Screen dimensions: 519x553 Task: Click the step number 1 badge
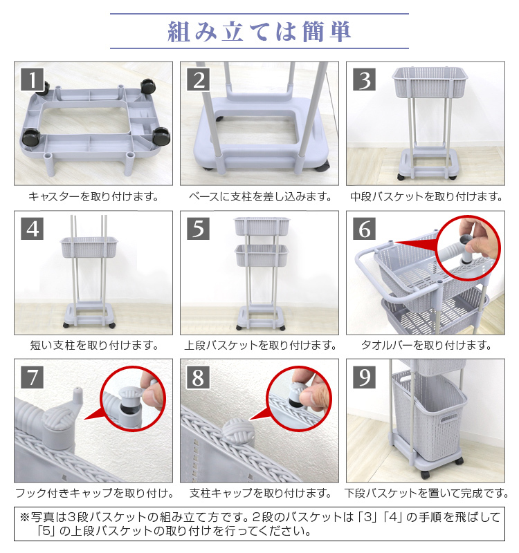pos(32,79)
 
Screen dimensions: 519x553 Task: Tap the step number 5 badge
pos(198,229)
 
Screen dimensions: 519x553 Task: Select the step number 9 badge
pos(364,377)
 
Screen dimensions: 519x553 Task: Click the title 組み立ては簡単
pos(259,32)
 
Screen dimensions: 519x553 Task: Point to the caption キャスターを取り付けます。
pos(93,196)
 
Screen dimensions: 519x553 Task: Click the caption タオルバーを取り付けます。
pos(426,345)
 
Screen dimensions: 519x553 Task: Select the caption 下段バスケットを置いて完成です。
pos(426,493)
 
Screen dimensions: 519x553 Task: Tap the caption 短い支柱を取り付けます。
pos(94,345)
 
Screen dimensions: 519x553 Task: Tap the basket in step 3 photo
pos(430,82)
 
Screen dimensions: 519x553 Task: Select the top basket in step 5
pos(262,226)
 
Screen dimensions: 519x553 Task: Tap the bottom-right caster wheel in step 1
pos(161,136)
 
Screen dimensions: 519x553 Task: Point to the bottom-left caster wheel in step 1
pos(31,138)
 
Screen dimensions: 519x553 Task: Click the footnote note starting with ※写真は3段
pos(260,524)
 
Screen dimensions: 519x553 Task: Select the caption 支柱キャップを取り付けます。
pos(260,493)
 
